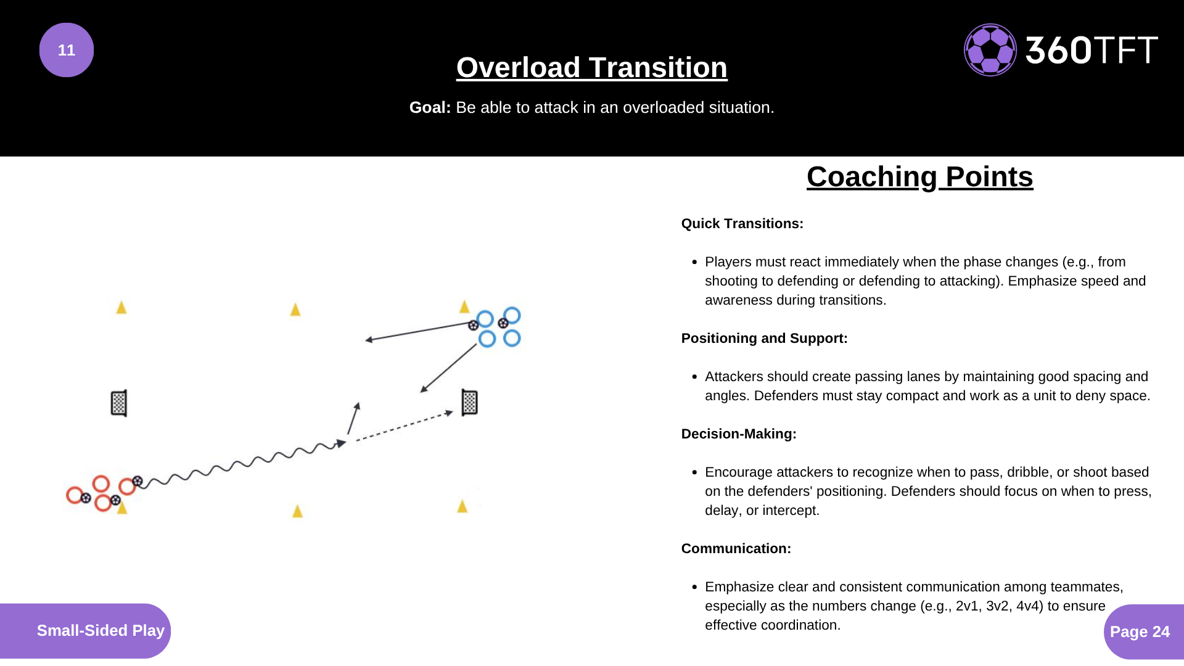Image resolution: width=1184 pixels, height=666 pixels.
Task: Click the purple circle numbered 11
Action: point(67,50)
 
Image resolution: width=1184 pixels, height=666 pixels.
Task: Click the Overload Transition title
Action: point(591,67)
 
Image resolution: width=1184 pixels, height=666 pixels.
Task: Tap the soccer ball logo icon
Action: point(990,50)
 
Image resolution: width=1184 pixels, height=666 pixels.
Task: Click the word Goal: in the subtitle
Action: point(430,107)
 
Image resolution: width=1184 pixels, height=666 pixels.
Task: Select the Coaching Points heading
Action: point(919,177)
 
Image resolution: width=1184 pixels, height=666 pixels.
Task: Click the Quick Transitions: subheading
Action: point(742,223)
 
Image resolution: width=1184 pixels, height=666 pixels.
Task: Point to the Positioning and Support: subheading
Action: point(764,338)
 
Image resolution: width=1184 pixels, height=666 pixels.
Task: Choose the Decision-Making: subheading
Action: point(738,434)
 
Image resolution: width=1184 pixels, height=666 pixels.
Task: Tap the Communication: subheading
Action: point(736,548)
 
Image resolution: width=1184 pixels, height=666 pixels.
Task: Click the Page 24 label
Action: point(1140,631)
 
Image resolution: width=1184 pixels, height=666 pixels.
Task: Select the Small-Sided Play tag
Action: point(100,630)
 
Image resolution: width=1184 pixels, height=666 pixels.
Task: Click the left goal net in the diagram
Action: point(119,403)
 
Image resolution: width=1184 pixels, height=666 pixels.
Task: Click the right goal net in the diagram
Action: point(469,402)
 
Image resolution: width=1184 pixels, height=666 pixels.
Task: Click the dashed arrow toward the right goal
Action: point(404,426)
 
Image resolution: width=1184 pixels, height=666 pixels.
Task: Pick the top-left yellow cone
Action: point(121,307)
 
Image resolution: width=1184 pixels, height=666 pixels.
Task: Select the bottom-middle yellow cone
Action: point(297,511)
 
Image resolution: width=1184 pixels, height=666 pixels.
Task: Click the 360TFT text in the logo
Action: point(1091,50)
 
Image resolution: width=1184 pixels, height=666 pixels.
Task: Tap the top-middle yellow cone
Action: point(295,309)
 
